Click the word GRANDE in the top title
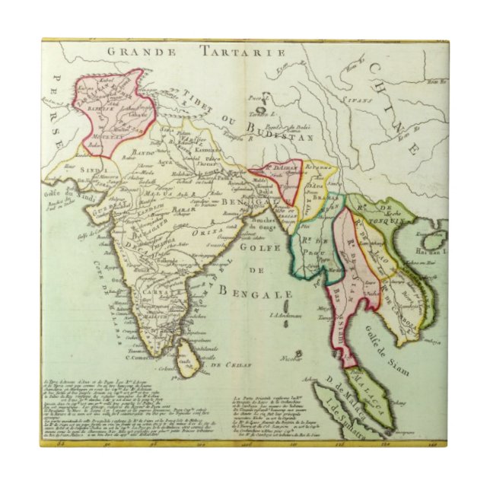coord(142,52)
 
